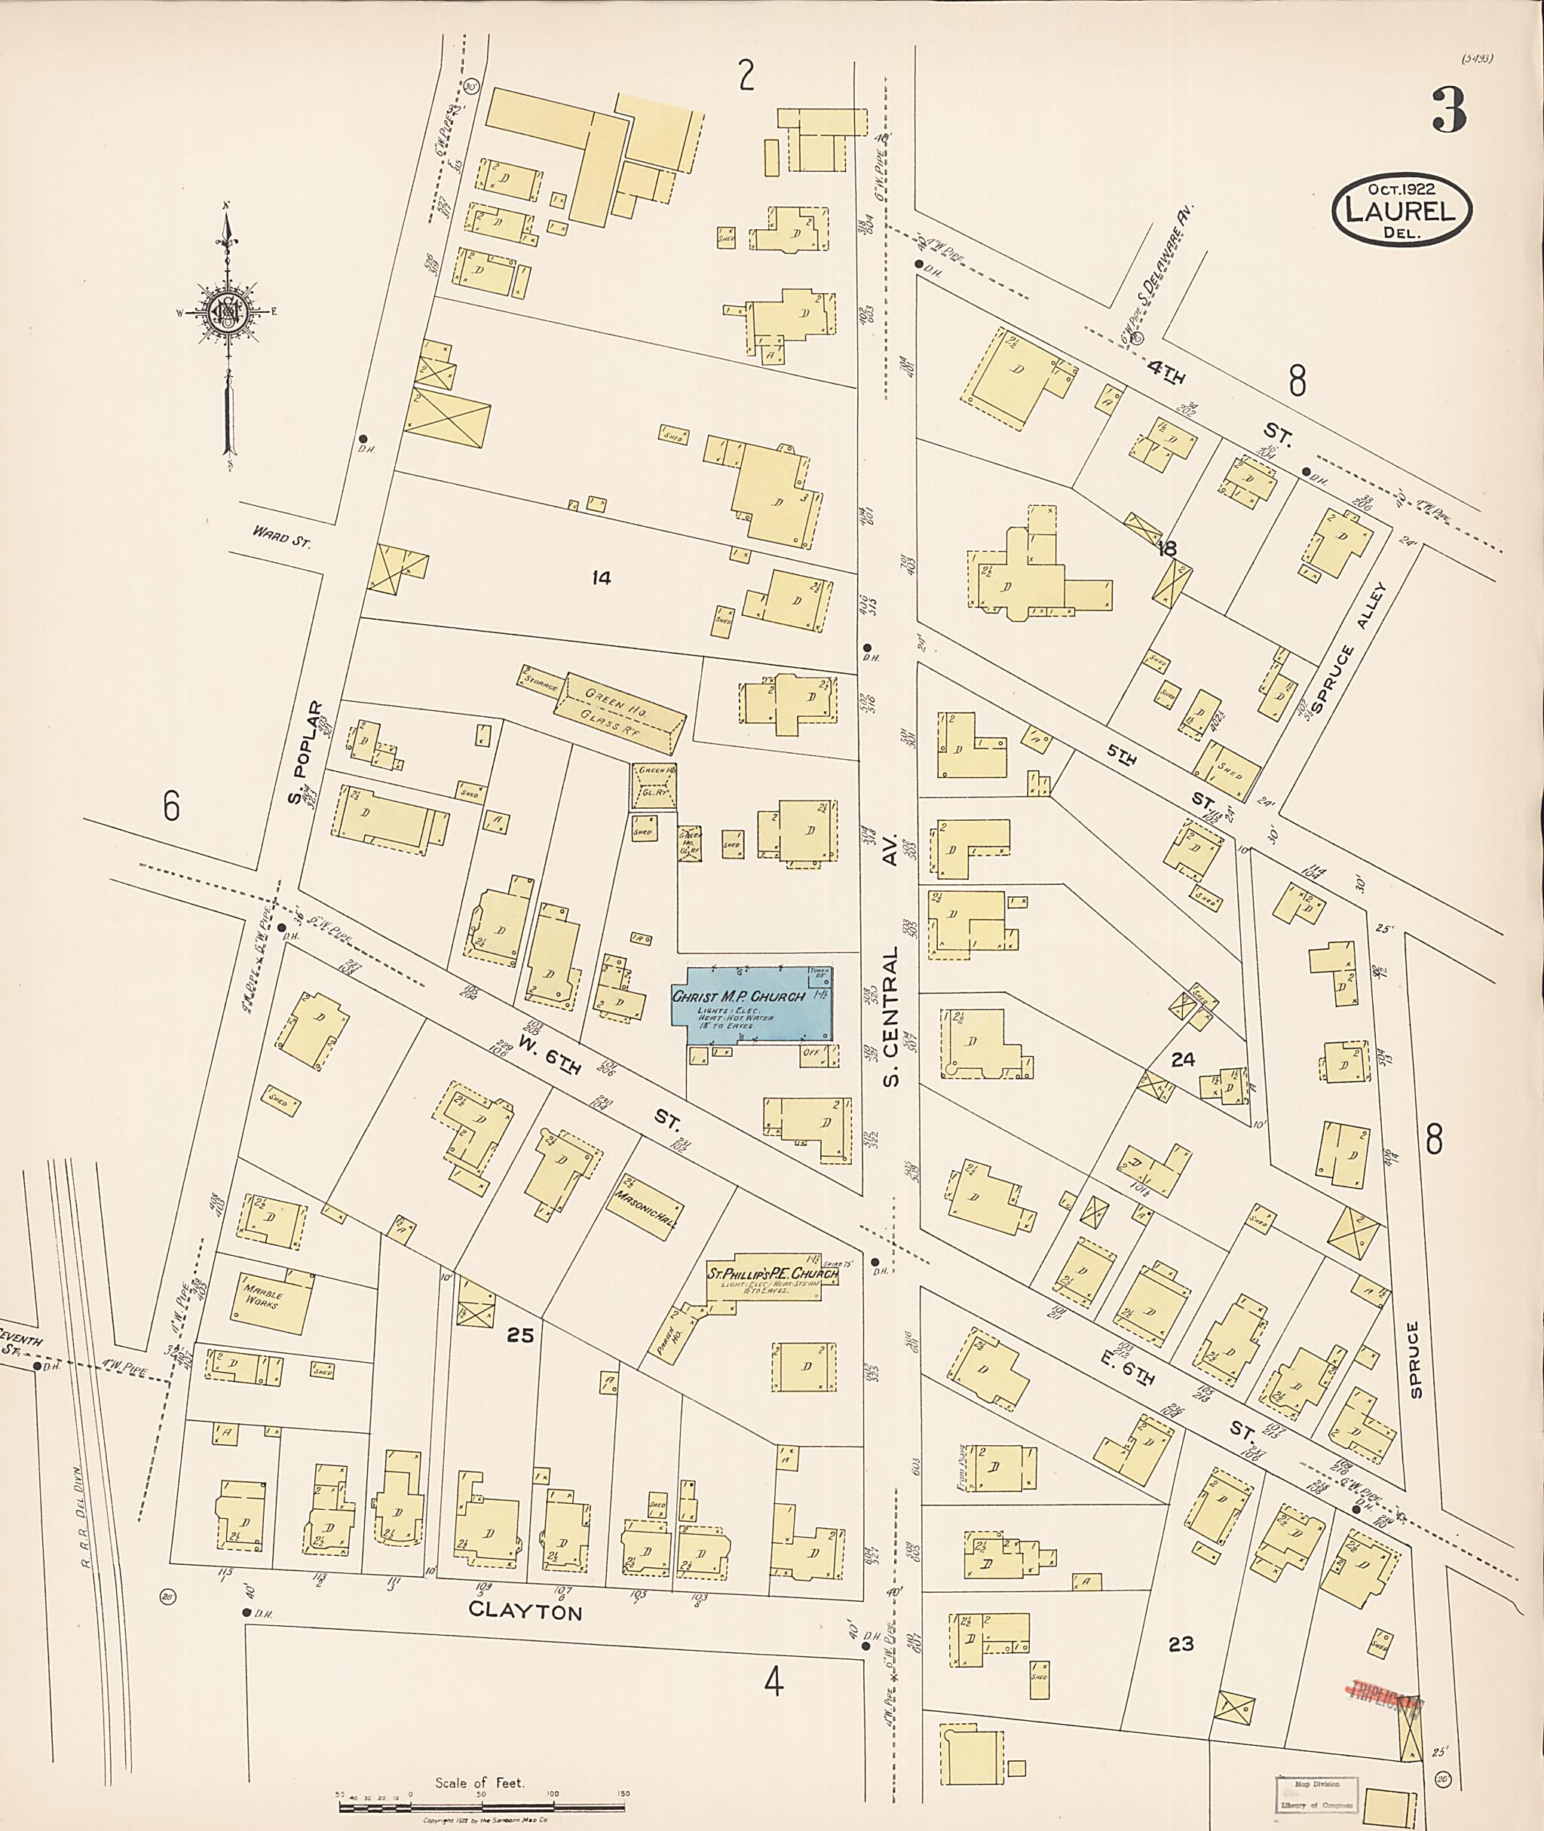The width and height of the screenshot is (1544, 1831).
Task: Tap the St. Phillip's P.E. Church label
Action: coord(773,1275)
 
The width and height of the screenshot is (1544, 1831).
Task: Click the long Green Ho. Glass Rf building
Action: coord(618,712)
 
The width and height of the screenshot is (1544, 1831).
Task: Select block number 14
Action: coord(600,577)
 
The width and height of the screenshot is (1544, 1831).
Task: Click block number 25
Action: coord(520,1335)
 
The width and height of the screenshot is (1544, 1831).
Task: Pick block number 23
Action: coord(1181,1644)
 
